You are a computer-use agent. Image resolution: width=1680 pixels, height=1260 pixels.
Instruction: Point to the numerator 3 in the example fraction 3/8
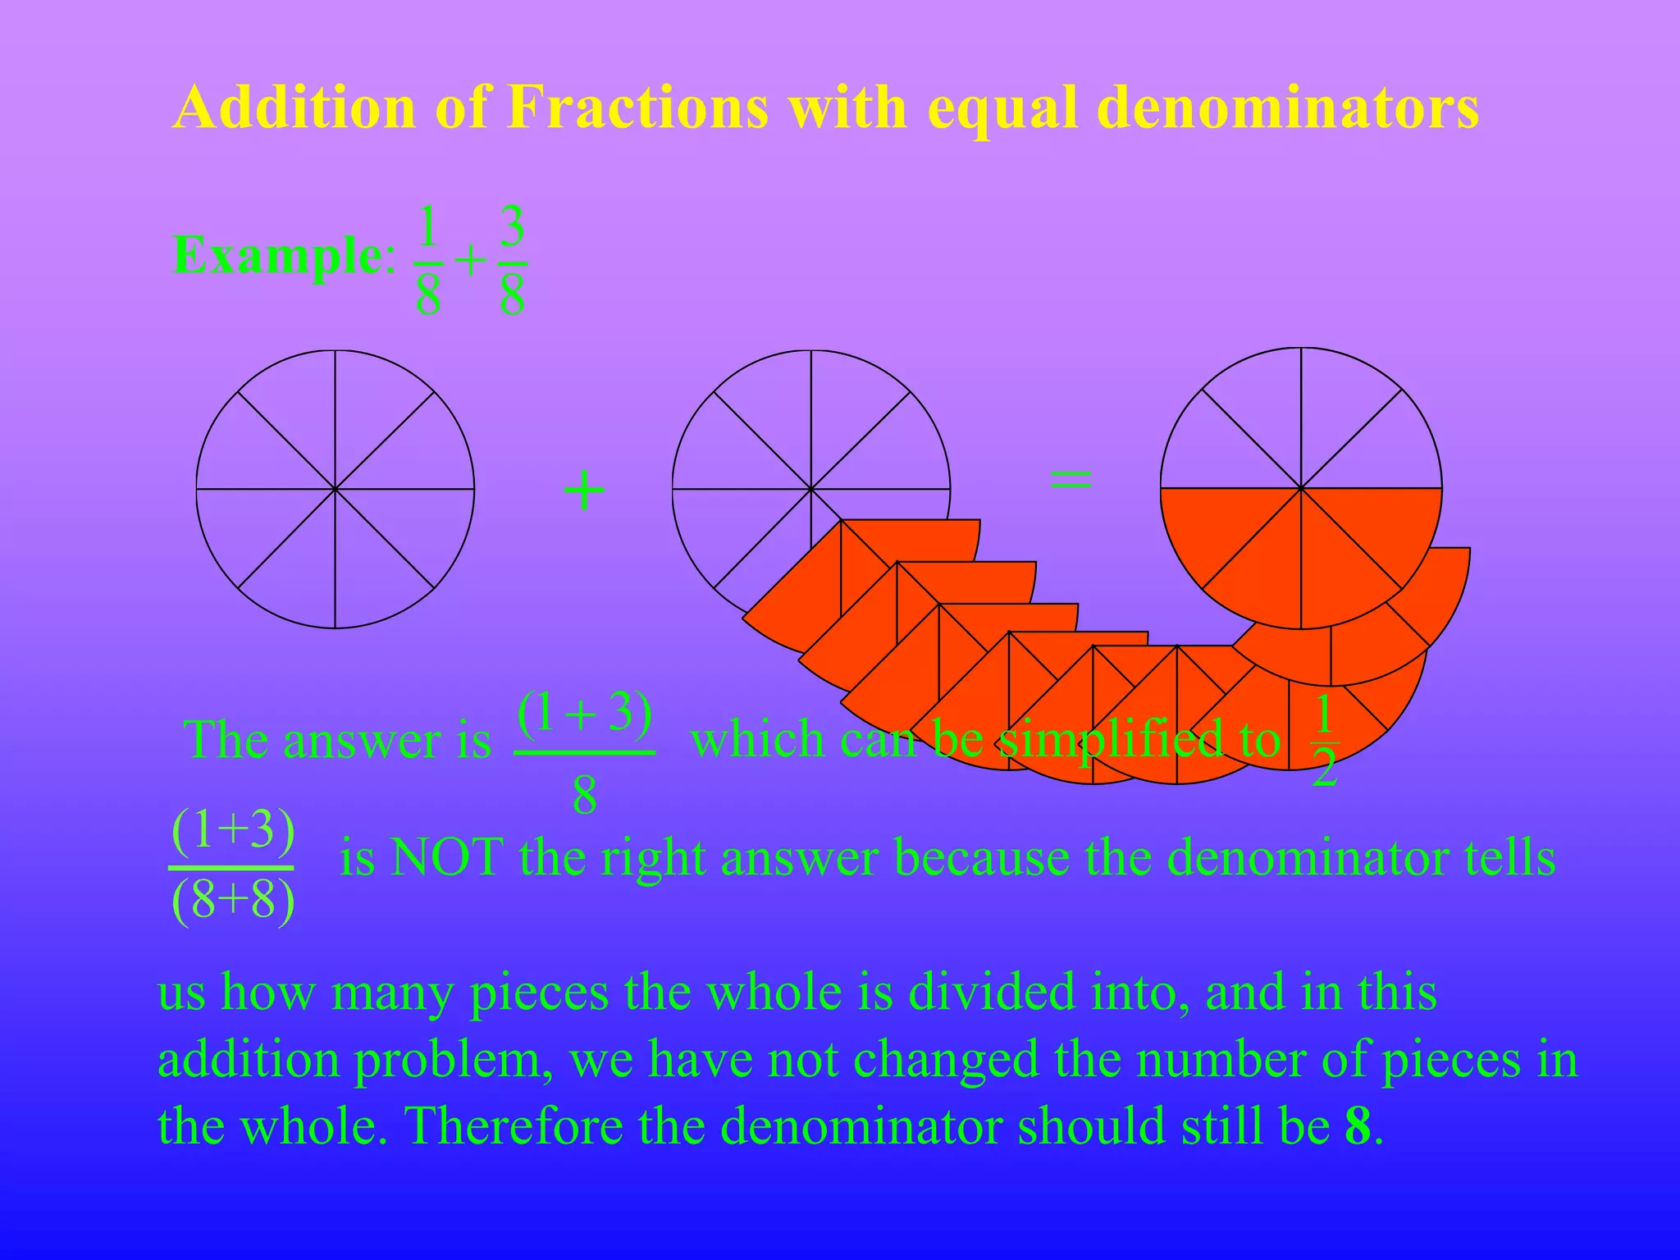[x=512, y=227]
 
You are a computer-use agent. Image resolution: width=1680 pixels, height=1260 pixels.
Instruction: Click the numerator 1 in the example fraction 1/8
[x=427, y=227]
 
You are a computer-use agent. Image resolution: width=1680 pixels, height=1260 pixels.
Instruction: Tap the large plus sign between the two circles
[x=584, y=491]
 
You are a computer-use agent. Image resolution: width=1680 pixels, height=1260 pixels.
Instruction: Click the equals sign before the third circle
[x=1071, y=480]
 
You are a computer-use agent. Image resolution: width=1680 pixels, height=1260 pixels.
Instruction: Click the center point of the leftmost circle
[x=335, y=490]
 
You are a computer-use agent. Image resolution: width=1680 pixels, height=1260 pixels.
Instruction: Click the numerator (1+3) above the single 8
[x=584, y=712]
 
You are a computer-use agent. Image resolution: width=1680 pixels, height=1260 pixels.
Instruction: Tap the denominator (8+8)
[x=233, y=900]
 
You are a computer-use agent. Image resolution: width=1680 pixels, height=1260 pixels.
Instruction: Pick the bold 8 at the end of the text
[x=1358, y=1125]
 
